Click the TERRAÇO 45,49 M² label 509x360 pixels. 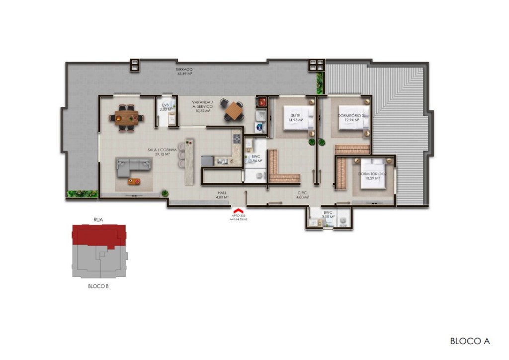tap(184, 71)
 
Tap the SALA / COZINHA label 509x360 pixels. tap(159, 152)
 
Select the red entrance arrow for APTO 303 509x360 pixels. tap(239, 212)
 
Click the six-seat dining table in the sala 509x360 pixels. tap(126, 117)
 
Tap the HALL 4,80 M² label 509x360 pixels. tap(222, 195)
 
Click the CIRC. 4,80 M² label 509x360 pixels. tap(303, 195)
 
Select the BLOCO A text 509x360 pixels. tap(470, 341)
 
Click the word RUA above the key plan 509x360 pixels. tap(98, 219)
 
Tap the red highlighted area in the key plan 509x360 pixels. tap(98, 235)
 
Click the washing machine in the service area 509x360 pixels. tap(259, 126)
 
